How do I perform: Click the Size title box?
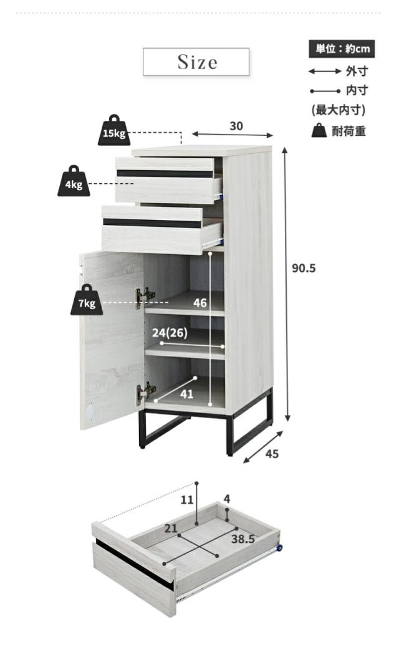coord(196,62)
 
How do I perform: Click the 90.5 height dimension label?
coord(305,268)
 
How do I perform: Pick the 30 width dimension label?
coord(236,126)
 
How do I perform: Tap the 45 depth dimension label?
coord(272,454)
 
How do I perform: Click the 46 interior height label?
coord(199,303)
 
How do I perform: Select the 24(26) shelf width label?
coord(170,333)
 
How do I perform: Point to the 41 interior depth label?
coord(187,394)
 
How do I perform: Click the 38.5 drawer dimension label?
coord(243,539)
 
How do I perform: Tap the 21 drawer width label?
coord(171,528)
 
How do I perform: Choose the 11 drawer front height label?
coord(188,500)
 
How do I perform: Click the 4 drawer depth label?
coord(227,499)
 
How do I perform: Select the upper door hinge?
coord(145,297)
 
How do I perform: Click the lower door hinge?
coord(146,391)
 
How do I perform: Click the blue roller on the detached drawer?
coord(279,548)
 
